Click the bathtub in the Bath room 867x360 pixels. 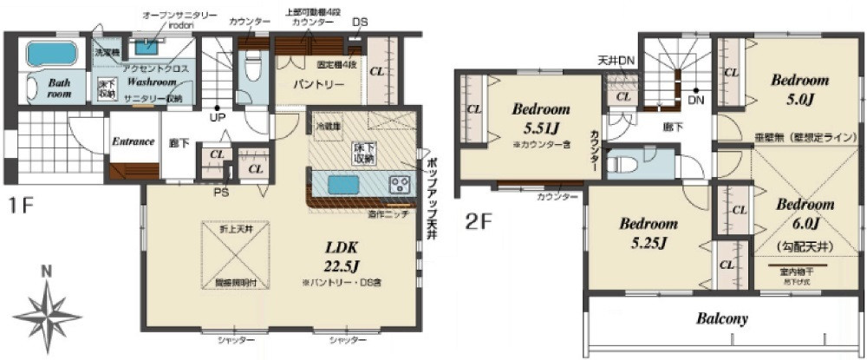[51, 55]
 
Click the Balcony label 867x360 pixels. [721, 318]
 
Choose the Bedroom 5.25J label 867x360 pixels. [649, 232]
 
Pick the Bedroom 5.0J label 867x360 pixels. [800, 88]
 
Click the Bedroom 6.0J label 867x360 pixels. [804, 213]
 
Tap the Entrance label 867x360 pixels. [133, 141]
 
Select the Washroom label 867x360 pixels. [151, 82]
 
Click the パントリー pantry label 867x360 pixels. [313, 85]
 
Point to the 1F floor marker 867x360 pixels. [22, 206]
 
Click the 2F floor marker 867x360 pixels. [479, 222]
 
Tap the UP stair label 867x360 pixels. [217, 118]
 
